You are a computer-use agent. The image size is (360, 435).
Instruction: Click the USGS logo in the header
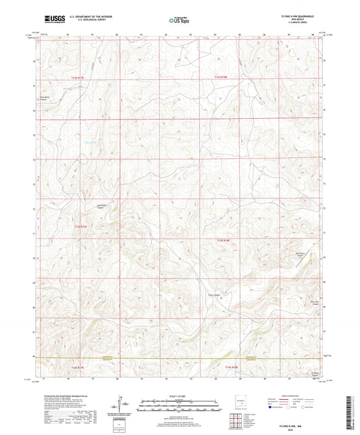pos(53,20)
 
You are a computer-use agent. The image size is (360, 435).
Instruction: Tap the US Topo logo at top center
pos(179,20)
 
